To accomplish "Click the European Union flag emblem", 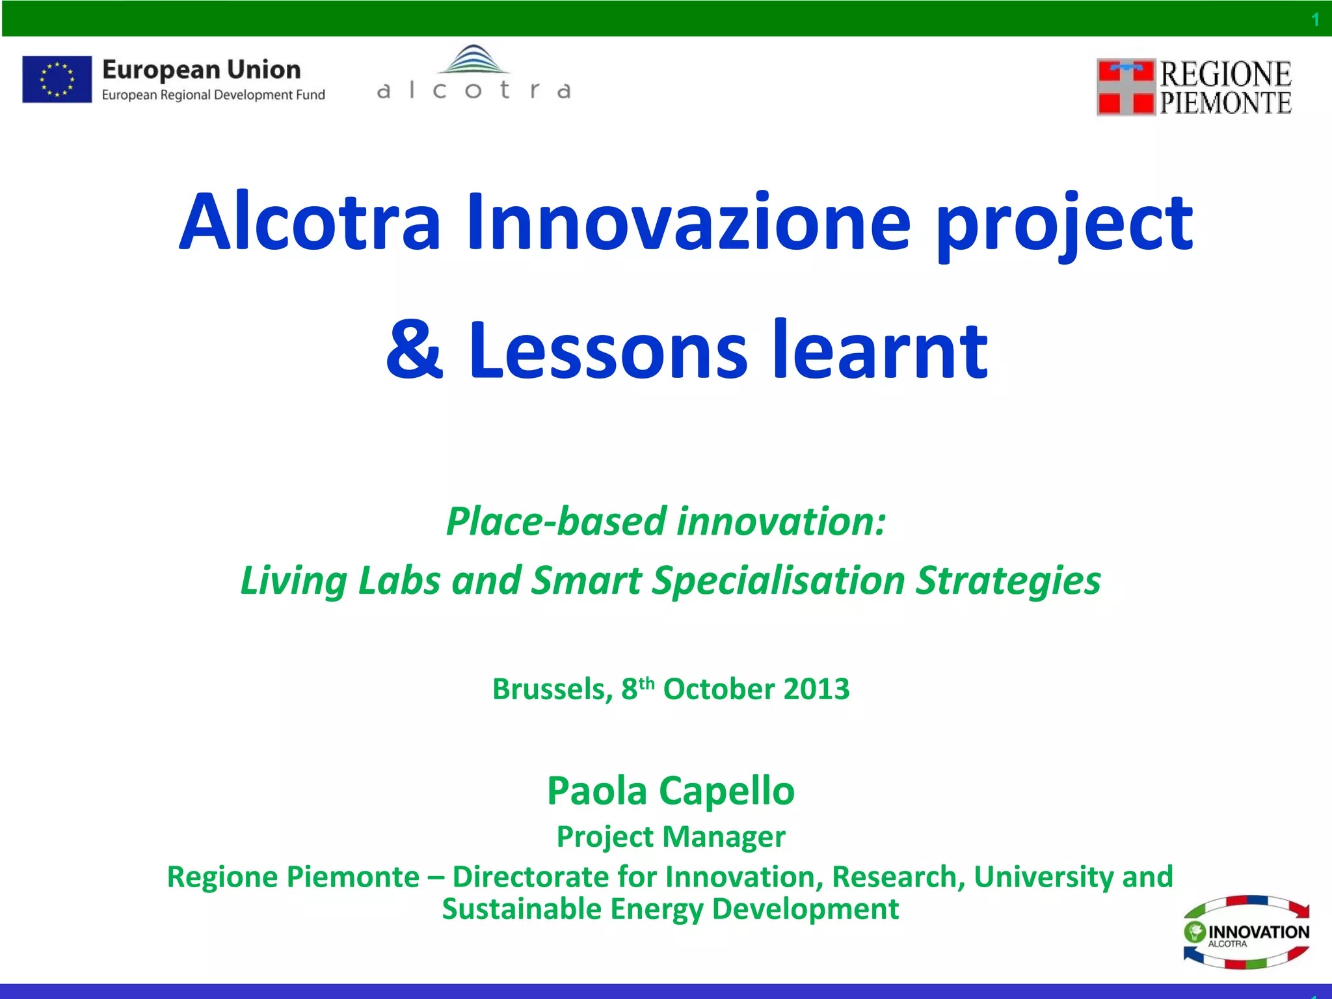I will click(57, 79).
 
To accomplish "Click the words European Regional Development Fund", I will click(213, 95).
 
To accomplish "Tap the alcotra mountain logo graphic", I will click(473, 60).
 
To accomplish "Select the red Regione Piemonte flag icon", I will click(1126, 87).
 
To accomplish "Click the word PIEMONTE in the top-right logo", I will click(1226, 103).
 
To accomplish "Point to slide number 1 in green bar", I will click(1315, 20).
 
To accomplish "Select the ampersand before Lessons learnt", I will click(414, 351).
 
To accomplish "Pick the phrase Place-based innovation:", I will click(666, 522).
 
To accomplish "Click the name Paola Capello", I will click(671, 791).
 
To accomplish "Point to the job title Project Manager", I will click(671, 836).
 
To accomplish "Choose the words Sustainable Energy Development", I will click(671, 909).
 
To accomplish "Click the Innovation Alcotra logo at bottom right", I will click(1246, 933).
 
